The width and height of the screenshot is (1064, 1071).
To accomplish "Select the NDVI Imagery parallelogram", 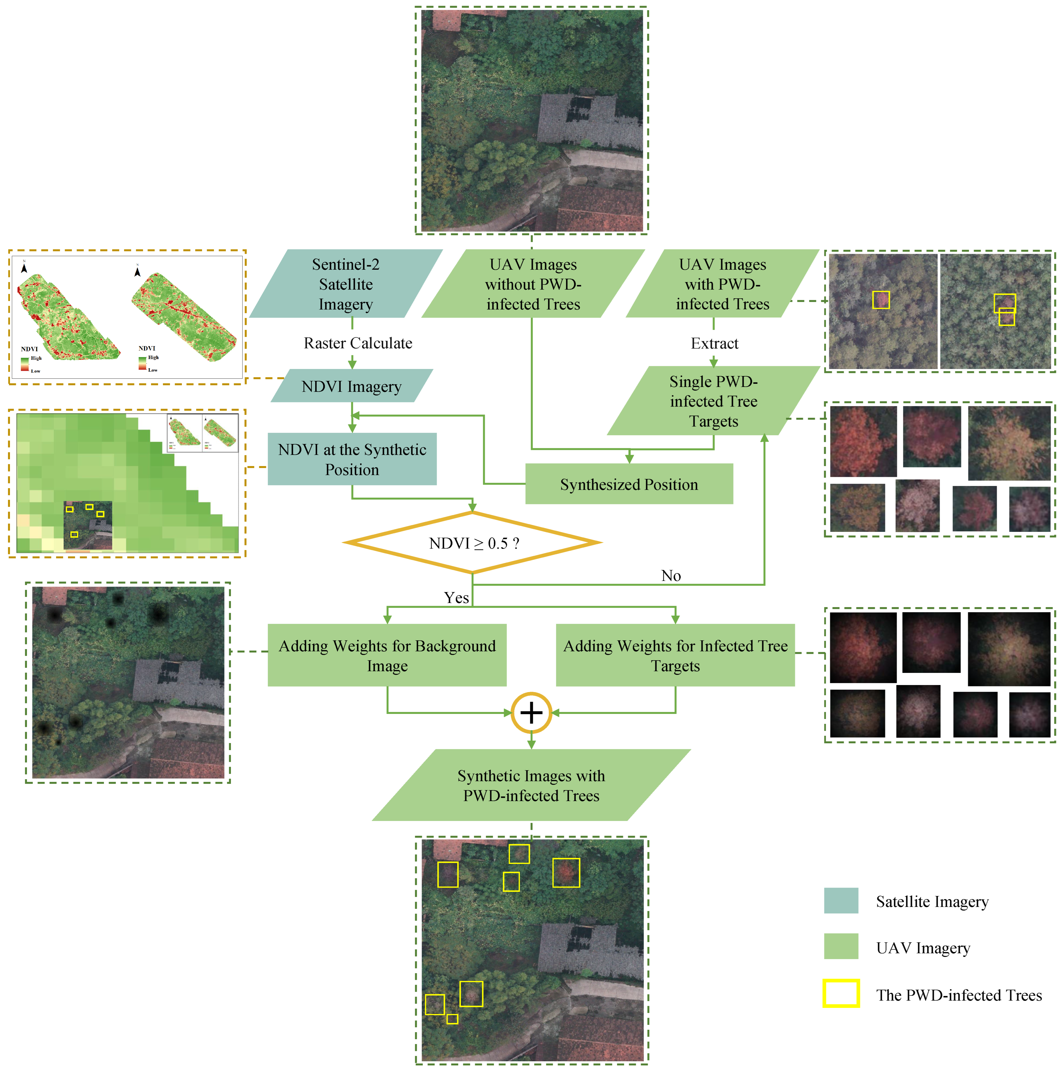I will [x=352, y=386].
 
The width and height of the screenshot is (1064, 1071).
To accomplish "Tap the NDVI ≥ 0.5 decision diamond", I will [x=472, y=543].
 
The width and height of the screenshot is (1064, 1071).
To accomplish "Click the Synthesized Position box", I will [x=629, y=484].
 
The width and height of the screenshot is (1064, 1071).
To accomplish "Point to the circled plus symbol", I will [x=531, y=712].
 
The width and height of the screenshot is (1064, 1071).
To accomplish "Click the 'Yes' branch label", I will [x=456, y=598].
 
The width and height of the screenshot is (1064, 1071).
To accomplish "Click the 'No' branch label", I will [x=671, y=575].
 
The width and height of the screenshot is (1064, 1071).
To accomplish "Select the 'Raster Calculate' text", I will [x=358, y=343].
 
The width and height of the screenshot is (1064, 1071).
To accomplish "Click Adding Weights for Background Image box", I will [x=387, y=655].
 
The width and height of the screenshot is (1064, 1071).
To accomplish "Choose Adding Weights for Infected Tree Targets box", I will [x=675, y=655].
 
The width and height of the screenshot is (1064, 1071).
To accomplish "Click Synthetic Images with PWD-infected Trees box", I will [x=531, y=785].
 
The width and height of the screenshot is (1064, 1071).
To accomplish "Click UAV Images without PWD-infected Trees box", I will [x=533, y=284].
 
